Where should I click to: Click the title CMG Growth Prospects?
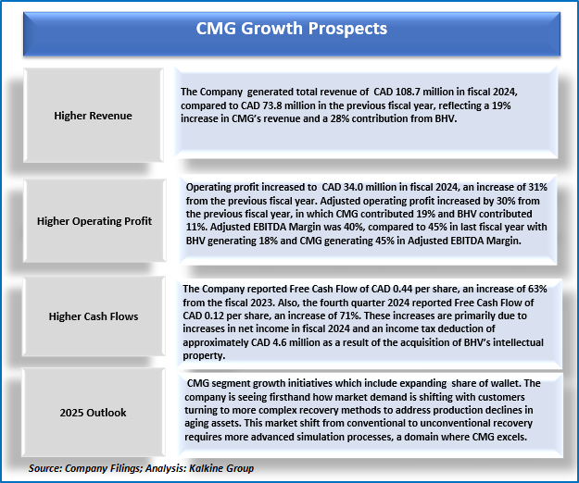(x=289, y=29)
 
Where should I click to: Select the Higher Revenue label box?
(x=94, y=116)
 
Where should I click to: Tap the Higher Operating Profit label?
(x=94, y=221)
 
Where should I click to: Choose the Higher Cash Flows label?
(x=94, y=316)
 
